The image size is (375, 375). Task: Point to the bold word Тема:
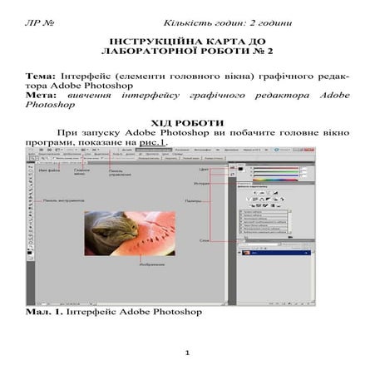pos(40,75)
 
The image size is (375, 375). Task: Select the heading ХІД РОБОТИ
pos(187,121)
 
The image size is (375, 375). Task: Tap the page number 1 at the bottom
pos(188,353)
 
